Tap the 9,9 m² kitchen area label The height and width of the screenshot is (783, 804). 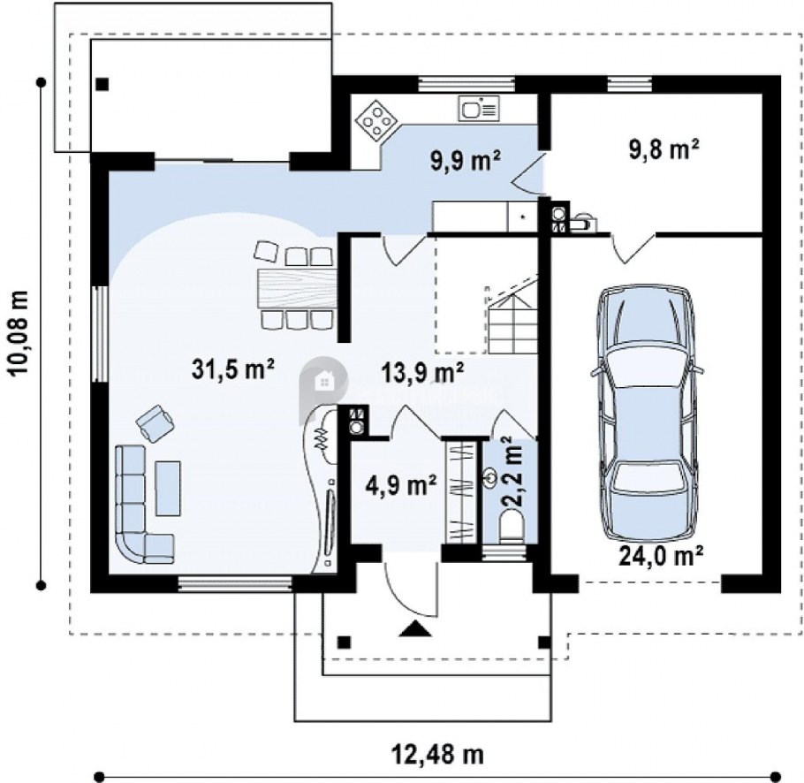(x=466, y=161)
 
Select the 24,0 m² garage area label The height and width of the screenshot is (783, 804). (x=661, y=554)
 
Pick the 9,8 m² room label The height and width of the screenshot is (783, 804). (x=664, y=149)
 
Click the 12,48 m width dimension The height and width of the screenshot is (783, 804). (x=438, y=755)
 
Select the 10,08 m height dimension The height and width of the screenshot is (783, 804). (x=19, y=333)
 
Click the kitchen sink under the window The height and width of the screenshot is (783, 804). (x=478, y=108)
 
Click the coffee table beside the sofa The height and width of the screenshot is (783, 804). (x=168, y=488)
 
